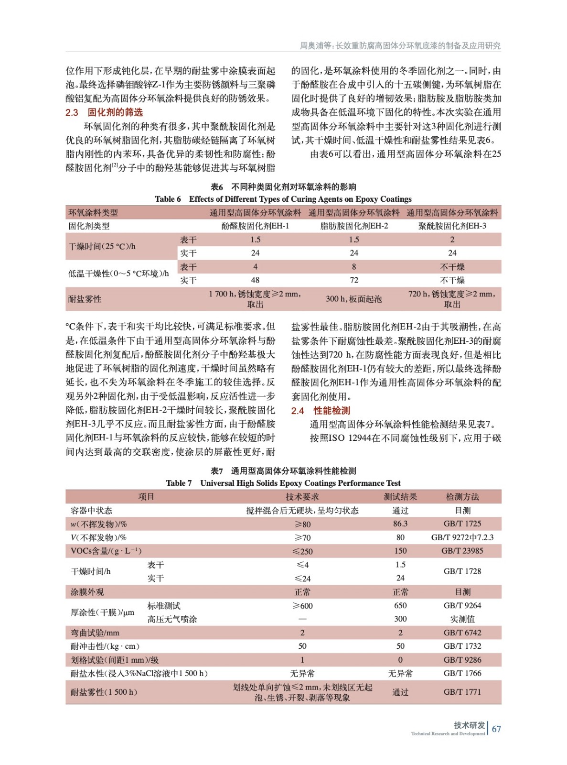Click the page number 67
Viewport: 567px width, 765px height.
[x=496, y=729]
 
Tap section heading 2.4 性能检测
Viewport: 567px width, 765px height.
[x=321, y=410]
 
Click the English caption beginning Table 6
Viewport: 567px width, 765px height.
[x=283, y=199]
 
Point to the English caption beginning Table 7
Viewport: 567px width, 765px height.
[x=283, y=483]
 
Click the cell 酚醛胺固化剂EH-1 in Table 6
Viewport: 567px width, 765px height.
[x=255, y=226]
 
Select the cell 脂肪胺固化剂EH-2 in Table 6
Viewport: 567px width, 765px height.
[x=353, y=226]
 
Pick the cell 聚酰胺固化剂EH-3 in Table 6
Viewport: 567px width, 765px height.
[x=452, y=226]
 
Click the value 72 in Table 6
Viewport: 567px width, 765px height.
[x=353, y=280]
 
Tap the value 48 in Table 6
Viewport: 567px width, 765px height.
[x=255, y=280]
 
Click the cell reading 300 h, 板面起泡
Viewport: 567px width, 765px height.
[x=353, y=299]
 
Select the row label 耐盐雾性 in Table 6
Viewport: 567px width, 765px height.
[x=85, y=299]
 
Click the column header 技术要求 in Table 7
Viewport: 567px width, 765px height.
[x=302, y=497]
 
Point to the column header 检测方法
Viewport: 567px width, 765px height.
[x=462, y=497]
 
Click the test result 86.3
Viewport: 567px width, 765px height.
[x=400, y=524]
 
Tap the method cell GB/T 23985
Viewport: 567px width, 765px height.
[x=462, y=551]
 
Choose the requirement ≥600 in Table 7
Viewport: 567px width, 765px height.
[x=302, y=606]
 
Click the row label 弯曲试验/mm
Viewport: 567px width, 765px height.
[x=95, y=633]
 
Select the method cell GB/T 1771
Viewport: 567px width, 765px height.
[x=462, y=692]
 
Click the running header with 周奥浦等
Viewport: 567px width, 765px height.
[x=400, y=45]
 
